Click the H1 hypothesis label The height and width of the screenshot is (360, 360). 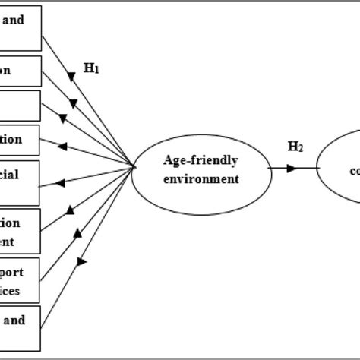coord(92,68)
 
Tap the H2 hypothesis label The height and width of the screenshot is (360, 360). coord(295,146)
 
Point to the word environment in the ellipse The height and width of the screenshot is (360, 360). coord(201,178)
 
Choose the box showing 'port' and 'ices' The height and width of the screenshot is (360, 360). coord(21,280)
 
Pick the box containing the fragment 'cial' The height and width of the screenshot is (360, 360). coord(21,182)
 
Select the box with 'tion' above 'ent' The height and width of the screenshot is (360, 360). coord(21,231)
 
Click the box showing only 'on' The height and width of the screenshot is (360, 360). coord(21,71)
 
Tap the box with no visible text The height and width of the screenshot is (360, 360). coord(21,105)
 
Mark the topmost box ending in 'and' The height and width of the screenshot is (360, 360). coord(21,27)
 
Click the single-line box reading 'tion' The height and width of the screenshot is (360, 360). coord(21,140)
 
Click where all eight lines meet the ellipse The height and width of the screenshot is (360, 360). coord(133,168)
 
